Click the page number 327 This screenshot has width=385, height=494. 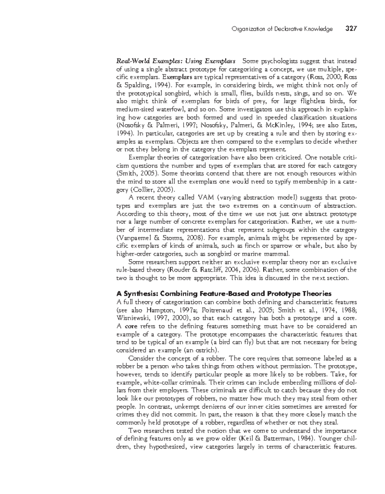pyautogui.click(x=351, y=29)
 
